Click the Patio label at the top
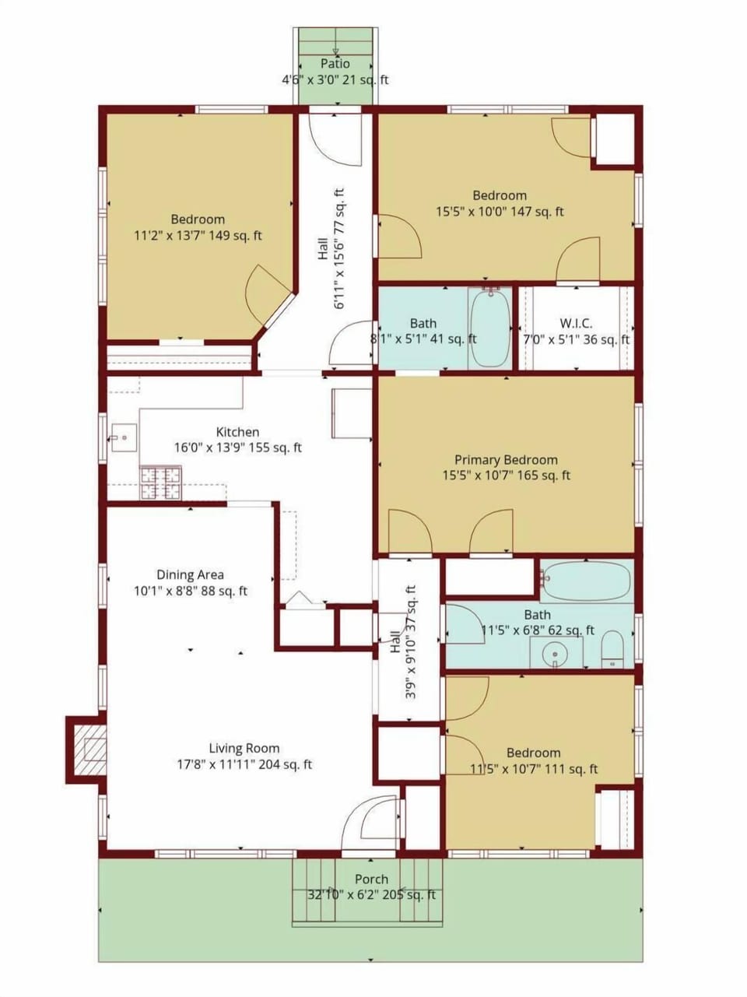pos(335,64)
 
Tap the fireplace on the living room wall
pos(86,748)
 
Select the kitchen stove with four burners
pos(160,483)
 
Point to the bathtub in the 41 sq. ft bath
pos(490,328)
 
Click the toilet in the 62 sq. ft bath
pos(613,649)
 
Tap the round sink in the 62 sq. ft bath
pos(555,652)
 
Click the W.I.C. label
pos(576,323)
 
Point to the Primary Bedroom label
pos(506,459)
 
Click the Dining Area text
pos(190,574)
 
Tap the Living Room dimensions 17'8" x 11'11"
pos(244,764)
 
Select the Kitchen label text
pos(237,432)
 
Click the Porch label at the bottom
pos(371,879)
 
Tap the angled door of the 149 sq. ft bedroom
pos(268,296)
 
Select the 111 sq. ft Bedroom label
pos(533,753)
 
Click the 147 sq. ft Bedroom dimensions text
pos(500,211)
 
